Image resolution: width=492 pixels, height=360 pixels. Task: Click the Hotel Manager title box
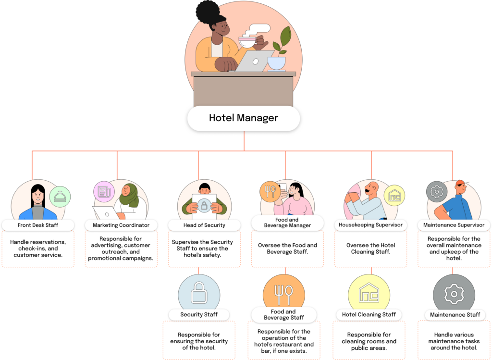(x=243, y=118)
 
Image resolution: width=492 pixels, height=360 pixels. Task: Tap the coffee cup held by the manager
(x=247, y=42)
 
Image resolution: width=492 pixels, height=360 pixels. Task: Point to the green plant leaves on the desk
(x=285, y=39)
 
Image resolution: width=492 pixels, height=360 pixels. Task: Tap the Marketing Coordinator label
(x=121, y=225)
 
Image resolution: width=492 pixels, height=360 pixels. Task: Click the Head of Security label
(x=204, y=225)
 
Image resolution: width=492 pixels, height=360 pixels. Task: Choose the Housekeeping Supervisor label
(x=370, y=225)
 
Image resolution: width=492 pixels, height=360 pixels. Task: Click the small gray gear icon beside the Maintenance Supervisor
(x=437, y=191)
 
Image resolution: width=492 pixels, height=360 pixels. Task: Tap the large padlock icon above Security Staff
(x=198, y=293)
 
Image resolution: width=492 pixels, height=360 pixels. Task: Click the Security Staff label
(x=199, y=315)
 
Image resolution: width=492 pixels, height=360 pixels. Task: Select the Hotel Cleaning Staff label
(x=369, y=315)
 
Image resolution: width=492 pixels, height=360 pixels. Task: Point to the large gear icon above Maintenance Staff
(x=454, y=293)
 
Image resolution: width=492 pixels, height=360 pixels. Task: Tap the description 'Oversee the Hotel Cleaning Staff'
(x=370, y=248)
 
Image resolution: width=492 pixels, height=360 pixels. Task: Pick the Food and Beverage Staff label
(x=283, y=315)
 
